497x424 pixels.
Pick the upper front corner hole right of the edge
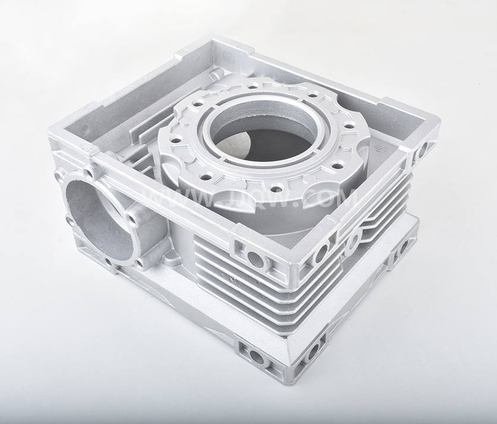320,252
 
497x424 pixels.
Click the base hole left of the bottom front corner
257,357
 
